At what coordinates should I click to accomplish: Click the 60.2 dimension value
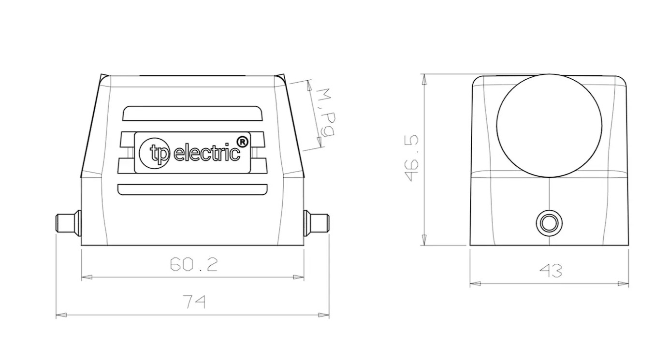(x=194, y=264)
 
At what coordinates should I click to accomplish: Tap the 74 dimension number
(x=194, y=302)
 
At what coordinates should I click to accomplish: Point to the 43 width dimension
(x=551, y=271)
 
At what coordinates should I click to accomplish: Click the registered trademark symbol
(x=243, y=142)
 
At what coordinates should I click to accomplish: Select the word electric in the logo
(x=207, y=153)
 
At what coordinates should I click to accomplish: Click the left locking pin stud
(x=68, y=223)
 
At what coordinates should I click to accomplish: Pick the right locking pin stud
(x=316, y=223)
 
